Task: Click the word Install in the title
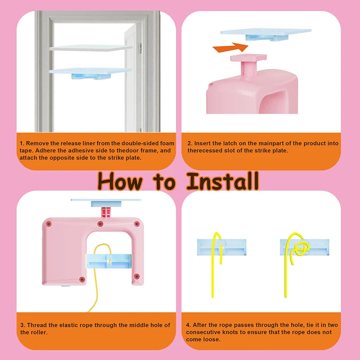coord(222,181)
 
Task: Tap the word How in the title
coord(120,181)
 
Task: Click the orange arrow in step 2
coord(230,47)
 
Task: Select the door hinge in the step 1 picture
coord(140,49)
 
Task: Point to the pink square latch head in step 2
coord(248,58)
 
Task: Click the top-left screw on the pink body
coord(49,224)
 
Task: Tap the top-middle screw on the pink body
coord(100,224)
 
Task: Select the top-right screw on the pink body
coord(137,224)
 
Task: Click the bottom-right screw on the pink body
coord(137,276)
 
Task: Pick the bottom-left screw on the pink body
coord(82,279)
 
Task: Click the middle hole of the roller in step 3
coord(109,261)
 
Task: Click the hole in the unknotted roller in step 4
coord(221,247)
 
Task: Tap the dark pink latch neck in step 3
coord(106,212)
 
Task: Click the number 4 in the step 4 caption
coord(188,325)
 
